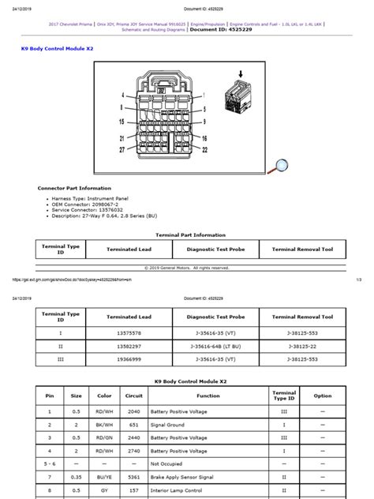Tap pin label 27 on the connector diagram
click(x=122, y=148)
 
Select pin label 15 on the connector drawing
click(x=122, y=122)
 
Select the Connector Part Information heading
click(x=74, y=188)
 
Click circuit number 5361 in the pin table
click(x=133, y=477)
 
